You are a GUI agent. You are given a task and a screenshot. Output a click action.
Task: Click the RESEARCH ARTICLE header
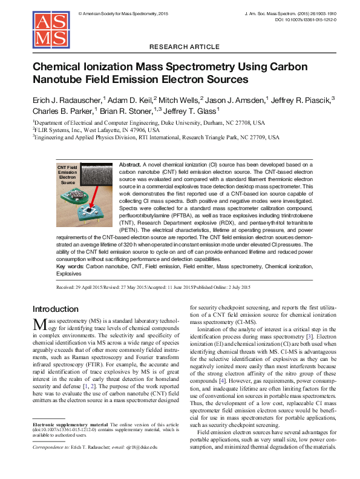pyautogui.click(x=180, y=47)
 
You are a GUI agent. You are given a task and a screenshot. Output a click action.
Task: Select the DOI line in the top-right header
pyautogui.click(x=305, y=20)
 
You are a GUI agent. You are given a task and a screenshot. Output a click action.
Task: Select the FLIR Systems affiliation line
pyautogui.click(x=97, y=130)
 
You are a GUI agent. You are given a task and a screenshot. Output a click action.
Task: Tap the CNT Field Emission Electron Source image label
pyautogui.click(x=67, y=174)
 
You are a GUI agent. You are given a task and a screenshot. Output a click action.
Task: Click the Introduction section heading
pyautogui.click(x=56, y=309)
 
